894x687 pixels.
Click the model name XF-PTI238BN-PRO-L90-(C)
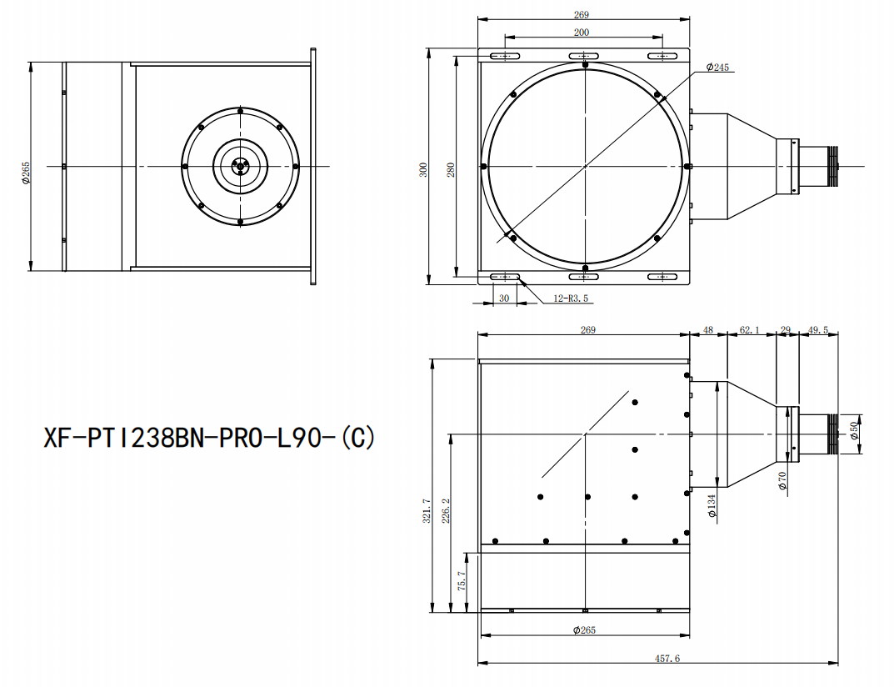click(x=210, y=439)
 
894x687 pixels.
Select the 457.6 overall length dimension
click(x=667, y=659)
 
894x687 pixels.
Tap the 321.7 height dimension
click(x=427, y=511)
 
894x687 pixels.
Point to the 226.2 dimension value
click(x=446, y=511)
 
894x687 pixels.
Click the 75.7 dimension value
click(x=462, y=581)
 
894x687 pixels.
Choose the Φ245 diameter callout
click(x=717, y=68)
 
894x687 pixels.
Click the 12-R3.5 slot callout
click(x=570, y=298)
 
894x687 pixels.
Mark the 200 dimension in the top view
click(x=582, y=33)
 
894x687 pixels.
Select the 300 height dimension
click(x=423, y=169)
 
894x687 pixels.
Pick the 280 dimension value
click(x=451, y=169)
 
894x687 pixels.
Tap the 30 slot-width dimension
click(x=504, y=298)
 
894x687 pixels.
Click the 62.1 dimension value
click(x=750, y=330)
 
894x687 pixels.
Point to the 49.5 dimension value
click(x=818, y=330)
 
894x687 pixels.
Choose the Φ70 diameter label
click(x=782, y=480)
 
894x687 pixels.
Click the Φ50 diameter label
click(x=853, y=430)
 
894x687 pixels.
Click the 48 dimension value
click(x=708, y=330)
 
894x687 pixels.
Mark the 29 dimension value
click(x=786, y=330)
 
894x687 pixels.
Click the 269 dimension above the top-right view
click(x=582, y=15)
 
